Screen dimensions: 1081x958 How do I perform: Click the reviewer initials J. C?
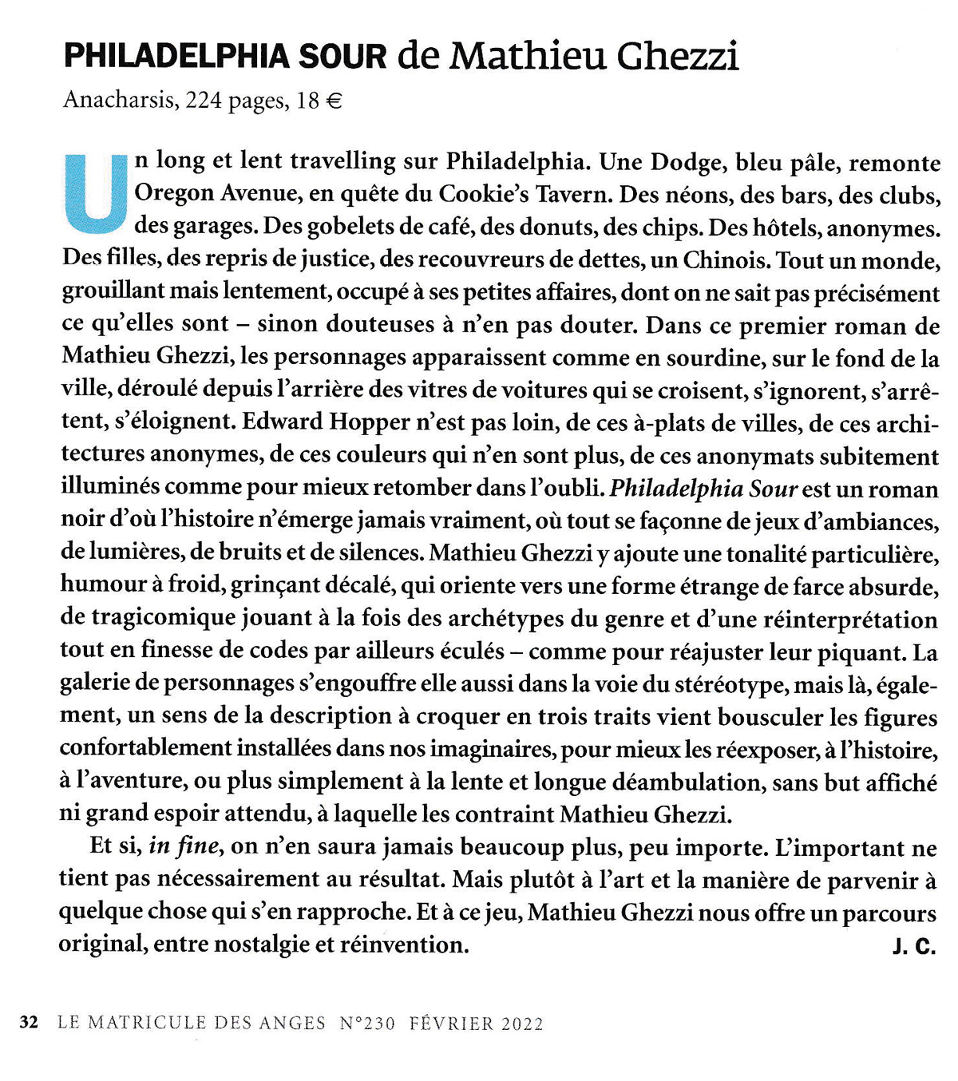point(913,947)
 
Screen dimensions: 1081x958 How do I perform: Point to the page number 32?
point(29,1024)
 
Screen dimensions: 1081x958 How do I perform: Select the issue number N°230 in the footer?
point(367,1024)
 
